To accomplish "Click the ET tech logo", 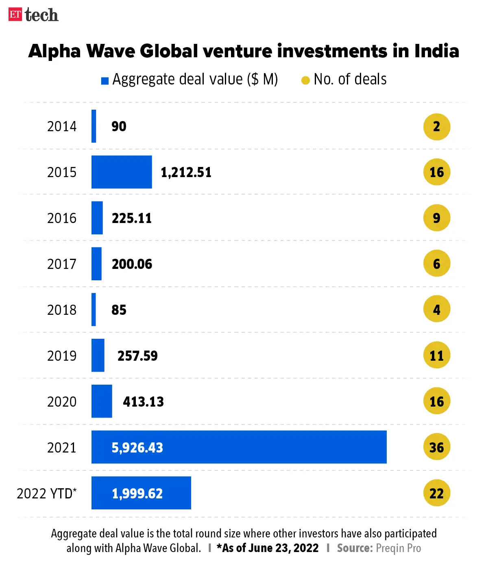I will (33, 15).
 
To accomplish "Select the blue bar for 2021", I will (239, 447).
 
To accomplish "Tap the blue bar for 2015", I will (122, 172).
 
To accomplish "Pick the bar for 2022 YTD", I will (141, 493).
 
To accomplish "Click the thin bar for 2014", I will (94, 126).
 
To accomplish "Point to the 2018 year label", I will (62, 310).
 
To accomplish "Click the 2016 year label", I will (62, 218).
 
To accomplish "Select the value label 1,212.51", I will (186, 172).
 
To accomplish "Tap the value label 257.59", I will (137, 356).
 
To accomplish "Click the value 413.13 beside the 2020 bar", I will (143, 402).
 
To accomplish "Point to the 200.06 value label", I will (132, 264).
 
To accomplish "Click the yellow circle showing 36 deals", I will (437, 447).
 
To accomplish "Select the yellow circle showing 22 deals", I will (437, 493).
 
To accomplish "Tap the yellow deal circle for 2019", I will (437, 355).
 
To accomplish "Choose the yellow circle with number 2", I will (437, 126).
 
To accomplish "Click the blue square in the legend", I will (105, 81).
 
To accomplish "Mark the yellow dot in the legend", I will (305, 80).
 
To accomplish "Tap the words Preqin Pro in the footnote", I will (398, 548).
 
